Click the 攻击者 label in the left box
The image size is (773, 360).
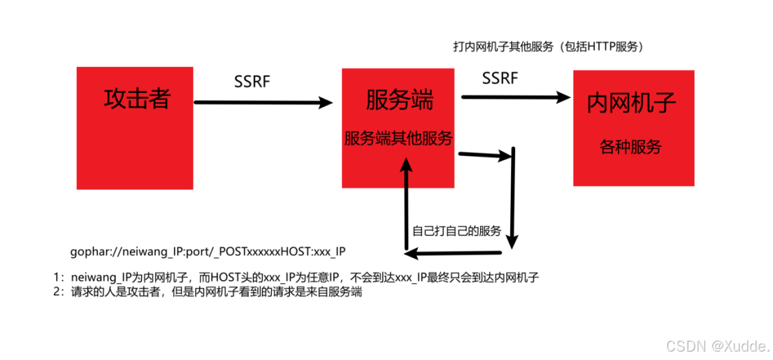136,99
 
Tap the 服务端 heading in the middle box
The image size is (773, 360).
399,100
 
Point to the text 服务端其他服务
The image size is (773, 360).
398,138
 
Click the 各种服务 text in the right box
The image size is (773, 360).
631,147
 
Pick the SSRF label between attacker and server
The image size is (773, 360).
252,81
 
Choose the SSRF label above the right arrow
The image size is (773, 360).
500,78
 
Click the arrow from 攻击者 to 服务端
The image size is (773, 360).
263,103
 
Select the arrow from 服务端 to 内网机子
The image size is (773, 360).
516,97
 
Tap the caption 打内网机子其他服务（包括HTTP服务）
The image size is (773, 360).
548,47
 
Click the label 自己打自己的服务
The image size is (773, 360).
457,231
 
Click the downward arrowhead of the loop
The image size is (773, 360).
512,241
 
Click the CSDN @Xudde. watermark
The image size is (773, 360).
717,345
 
